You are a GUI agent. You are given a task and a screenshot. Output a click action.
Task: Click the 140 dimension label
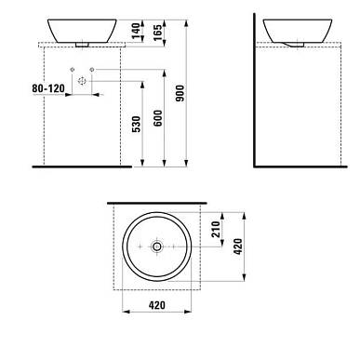tap(136, 31)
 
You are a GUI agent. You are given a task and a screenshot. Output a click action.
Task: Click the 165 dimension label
tap(158, 33)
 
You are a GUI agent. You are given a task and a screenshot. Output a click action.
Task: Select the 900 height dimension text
tap(180, 93)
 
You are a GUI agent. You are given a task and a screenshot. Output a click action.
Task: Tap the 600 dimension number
tap(158, 118)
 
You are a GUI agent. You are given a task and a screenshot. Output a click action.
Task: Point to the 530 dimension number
tap(136, 124)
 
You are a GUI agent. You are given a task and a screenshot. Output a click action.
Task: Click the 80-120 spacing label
tap(48, 88)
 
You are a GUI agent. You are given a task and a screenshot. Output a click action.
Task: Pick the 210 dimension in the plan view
tap(216, 229)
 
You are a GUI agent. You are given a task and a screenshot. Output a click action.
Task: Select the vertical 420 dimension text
tap(238, 247)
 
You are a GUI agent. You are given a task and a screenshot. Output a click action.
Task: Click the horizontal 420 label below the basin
tap(157, 305)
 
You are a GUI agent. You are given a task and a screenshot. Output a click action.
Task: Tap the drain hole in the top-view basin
tap(157, 247)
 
